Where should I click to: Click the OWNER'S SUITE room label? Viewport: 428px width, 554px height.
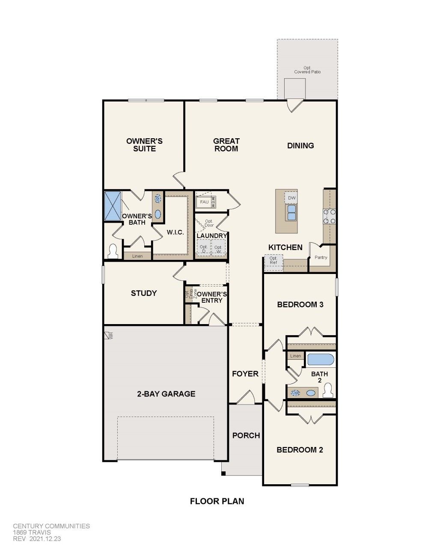point(144,145)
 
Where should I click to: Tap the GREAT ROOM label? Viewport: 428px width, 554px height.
point(226,145)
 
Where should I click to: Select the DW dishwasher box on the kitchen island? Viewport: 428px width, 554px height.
point(291,198)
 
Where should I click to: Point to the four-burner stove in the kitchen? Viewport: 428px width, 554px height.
point(329,216)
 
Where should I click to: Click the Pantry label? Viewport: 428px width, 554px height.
point(321,257)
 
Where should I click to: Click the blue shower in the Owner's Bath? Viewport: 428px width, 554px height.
point(113,206)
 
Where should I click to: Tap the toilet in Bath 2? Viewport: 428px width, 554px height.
point(328,390)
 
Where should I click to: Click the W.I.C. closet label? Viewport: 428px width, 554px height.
point(175,232)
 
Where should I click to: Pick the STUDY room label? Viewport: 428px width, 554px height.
point(144,293)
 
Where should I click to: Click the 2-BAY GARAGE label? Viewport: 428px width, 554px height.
point(166,394)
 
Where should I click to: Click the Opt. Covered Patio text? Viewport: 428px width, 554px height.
point(307,70)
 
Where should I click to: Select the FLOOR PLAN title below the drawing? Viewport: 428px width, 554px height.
point(217,501)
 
